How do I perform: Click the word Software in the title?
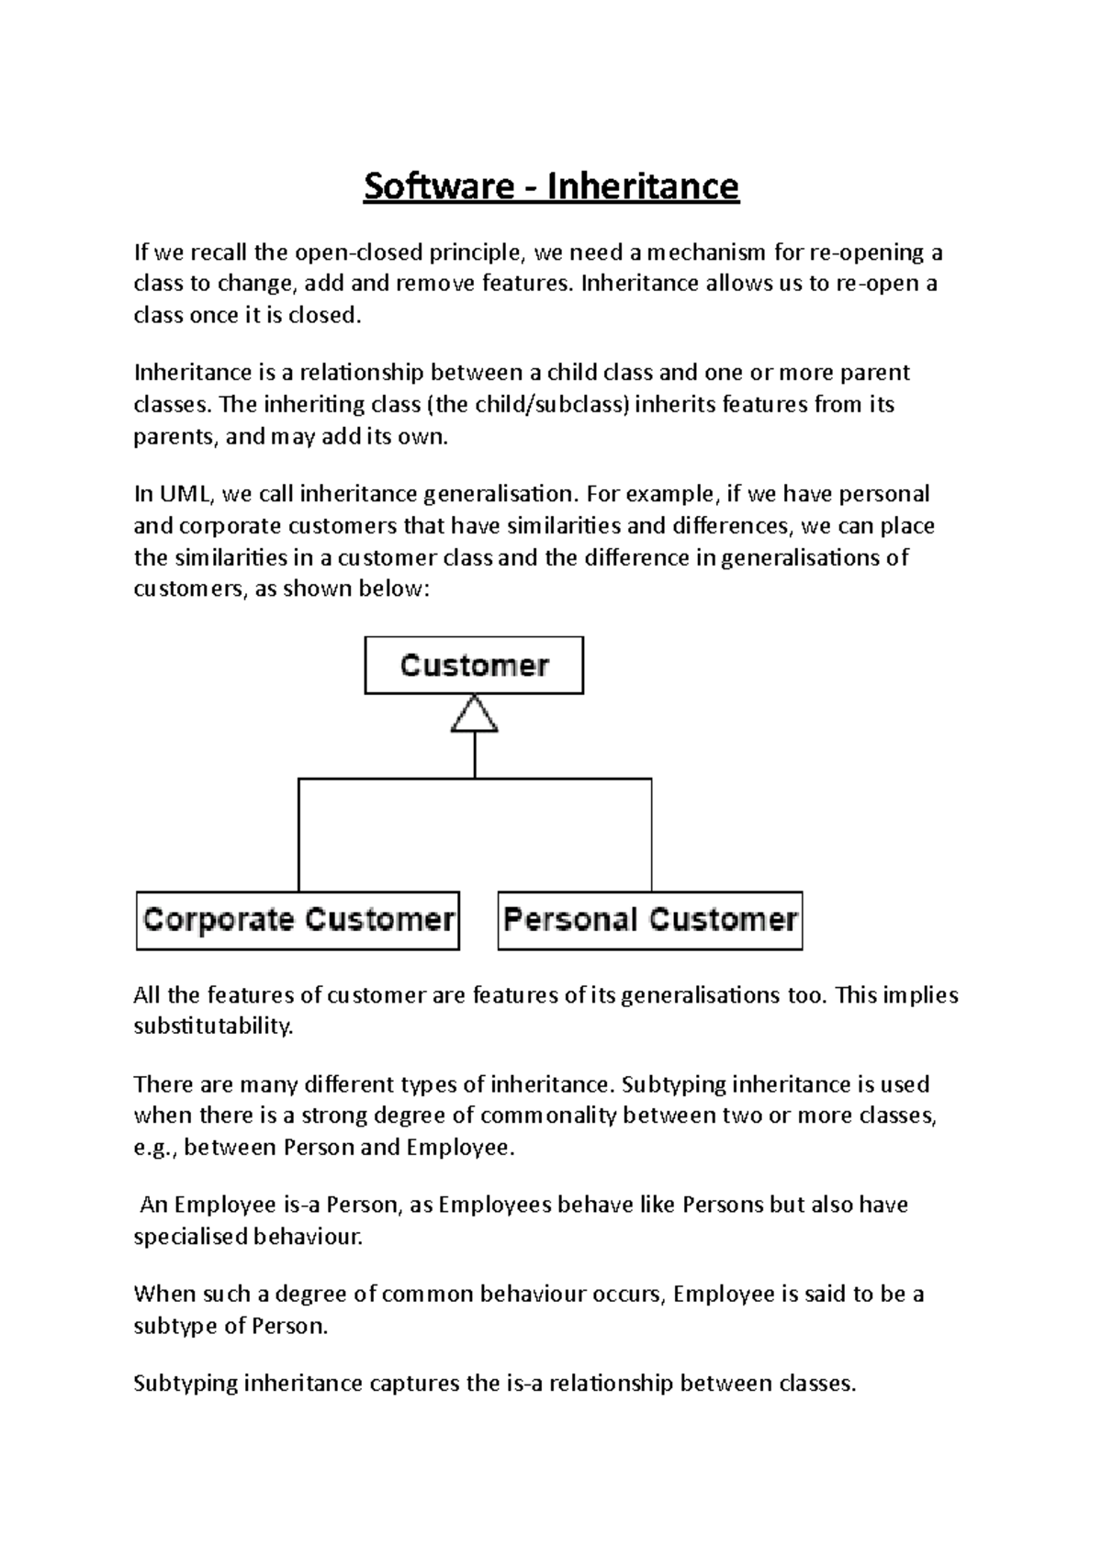[438, 186]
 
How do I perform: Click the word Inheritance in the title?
[643, 186]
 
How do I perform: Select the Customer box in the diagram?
[474, 666]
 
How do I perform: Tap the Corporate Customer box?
[298, 920]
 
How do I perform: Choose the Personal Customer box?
[650, 920]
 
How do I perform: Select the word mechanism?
[703, 252]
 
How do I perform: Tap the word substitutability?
[213, 1026]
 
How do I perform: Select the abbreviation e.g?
[156, 1148]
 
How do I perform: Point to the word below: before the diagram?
[397, 589]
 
